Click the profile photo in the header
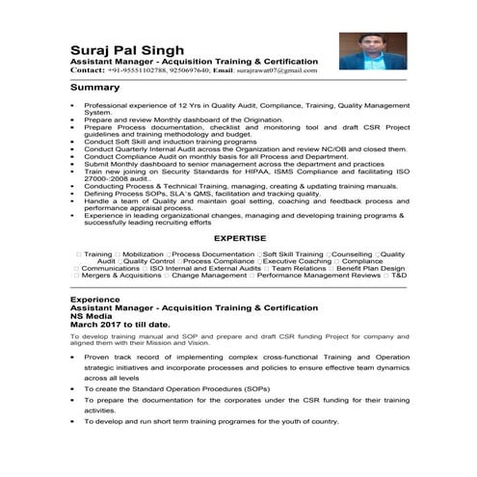coord(371,49)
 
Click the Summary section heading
coord(95,87)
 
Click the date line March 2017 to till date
coord(119,324)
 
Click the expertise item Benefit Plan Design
coord(362,268)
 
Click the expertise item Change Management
coord(209,276)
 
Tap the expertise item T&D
coord(399,276)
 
